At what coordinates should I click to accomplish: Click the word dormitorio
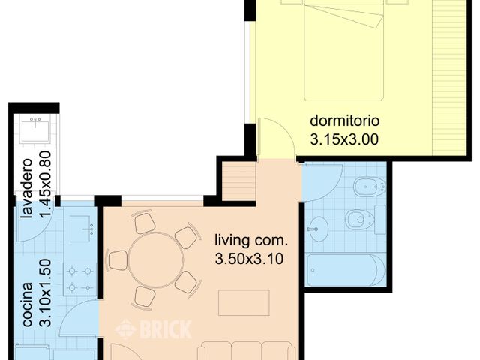point(345,121)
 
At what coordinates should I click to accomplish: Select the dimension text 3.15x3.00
point(345,138)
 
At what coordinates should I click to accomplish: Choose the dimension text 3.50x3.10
point(250,259)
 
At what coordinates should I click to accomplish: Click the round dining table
point(155,259)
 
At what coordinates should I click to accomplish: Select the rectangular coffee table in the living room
point(244,302)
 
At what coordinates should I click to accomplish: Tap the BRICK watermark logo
point(154,328)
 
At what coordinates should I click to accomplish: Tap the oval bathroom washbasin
point(318,227)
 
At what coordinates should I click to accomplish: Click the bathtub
point(346,270)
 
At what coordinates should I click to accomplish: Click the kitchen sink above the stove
point(81,229)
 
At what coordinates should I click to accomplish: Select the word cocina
point(27,304)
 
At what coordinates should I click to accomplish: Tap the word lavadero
point(27,188)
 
